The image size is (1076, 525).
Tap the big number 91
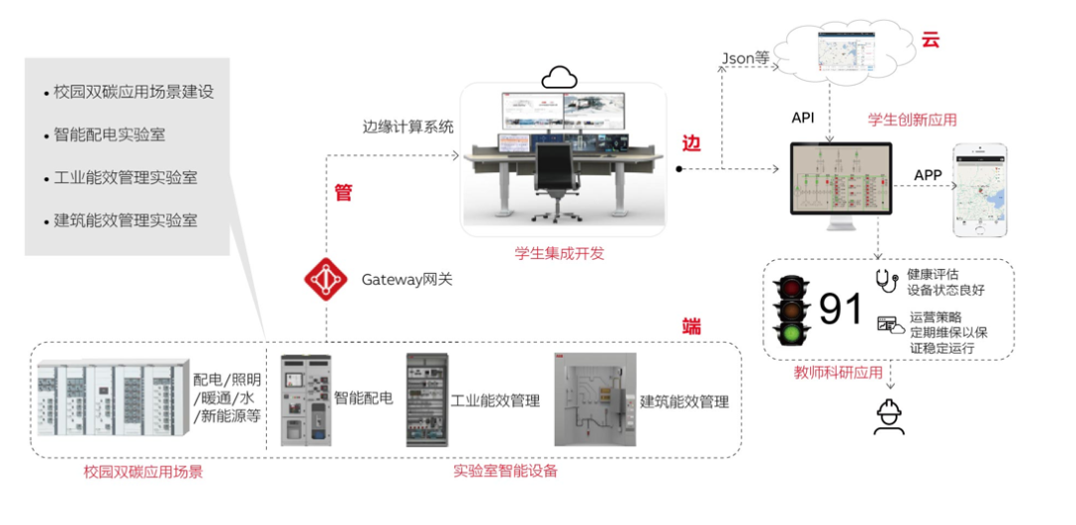coord(841,309)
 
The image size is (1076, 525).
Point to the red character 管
coord(344,193)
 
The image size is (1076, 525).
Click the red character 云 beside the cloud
coord(931,40)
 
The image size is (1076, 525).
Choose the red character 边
coord(691,142)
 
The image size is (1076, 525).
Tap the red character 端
coord(691,326)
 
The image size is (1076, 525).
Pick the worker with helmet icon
coord(889,415)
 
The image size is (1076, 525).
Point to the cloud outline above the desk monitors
coord(559,77)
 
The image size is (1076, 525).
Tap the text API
coord(803,118)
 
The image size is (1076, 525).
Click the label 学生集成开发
coord(559,253)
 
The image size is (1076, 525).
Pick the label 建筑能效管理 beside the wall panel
coord(684,401)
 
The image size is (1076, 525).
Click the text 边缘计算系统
coord(407,127)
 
